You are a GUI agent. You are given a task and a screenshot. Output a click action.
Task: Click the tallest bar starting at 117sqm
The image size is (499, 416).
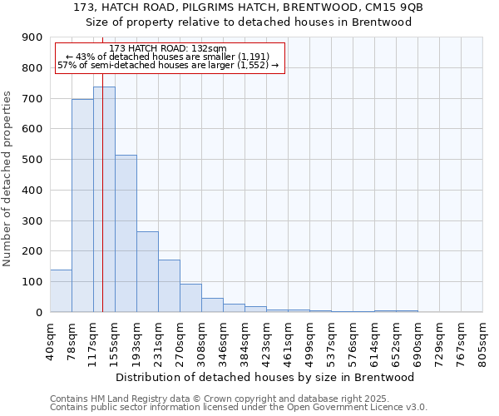point(104,200)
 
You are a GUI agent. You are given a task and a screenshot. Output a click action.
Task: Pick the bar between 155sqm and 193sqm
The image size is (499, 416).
point(126,233)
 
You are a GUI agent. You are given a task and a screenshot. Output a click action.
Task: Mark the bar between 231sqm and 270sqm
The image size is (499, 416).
point(169,285)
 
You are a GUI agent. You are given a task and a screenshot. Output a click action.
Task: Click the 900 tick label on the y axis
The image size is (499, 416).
point(32,37)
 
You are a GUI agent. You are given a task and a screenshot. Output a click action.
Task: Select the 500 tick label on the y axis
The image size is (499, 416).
point(32,160)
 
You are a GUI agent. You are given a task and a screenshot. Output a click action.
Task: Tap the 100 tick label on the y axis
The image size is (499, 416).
point(32,282)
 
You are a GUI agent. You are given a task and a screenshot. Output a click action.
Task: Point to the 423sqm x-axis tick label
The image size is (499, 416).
point(266,341)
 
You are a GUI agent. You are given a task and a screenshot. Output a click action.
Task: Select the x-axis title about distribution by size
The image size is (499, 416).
point(265,377)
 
